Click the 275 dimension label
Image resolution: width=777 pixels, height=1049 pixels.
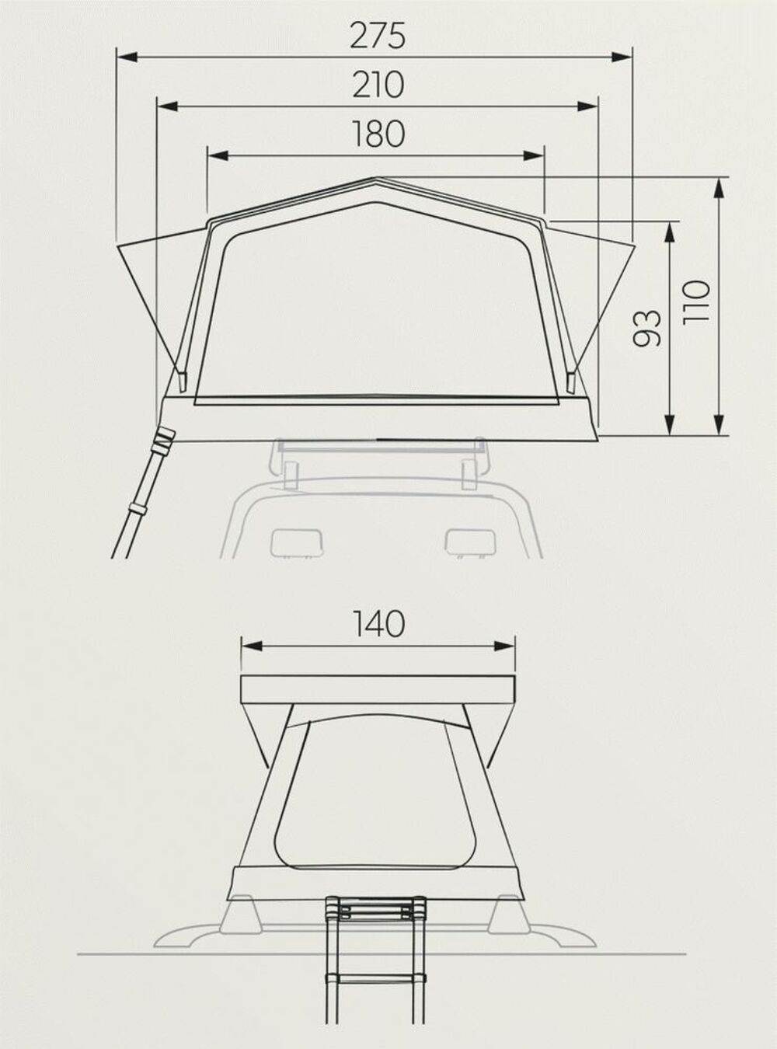pyautogui.click(x=378, y=36)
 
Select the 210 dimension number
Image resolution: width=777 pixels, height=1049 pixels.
pyautogui.click(x=378, y=85)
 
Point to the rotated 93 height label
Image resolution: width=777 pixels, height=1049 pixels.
pyautogui.click(x=646, y=328)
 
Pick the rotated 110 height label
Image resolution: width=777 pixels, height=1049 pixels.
pyautogui.click(x=696, y=302)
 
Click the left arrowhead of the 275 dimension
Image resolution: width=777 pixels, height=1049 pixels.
pyautogui.click(x=127, y=58)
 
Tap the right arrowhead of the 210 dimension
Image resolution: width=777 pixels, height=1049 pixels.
pyautogui.click(x=588, y=106)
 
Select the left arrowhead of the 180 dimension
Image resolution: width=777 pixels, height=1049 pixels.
pyautogui.click(x=218, y=155)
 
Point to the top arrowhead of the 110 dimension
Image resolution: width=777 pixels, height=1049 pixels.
pyautogui.click(x=720, y=188)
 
